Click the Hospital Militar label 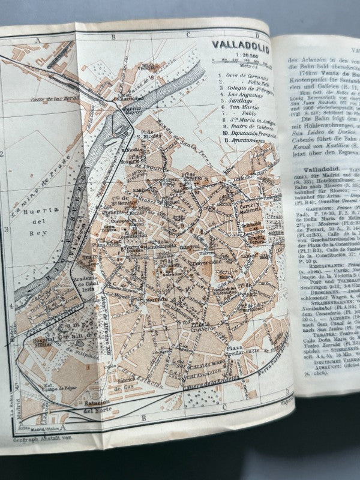click(x=48, y=338)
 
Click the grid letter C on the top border click(x=188, y=35)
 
